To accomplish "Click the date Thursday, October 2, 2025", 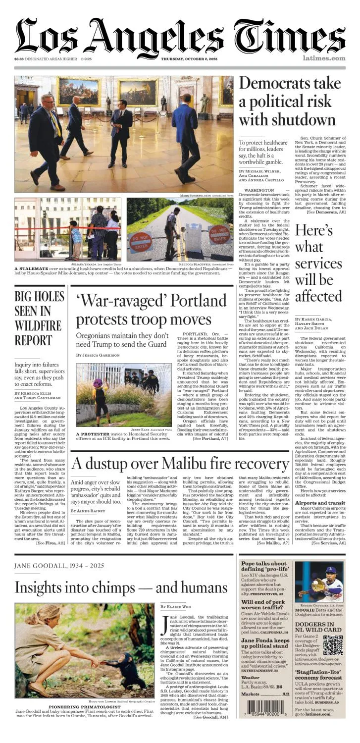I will [x=193, y=58].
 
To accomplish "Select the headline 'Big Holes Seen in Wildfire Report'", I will [x=39, y=318].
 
